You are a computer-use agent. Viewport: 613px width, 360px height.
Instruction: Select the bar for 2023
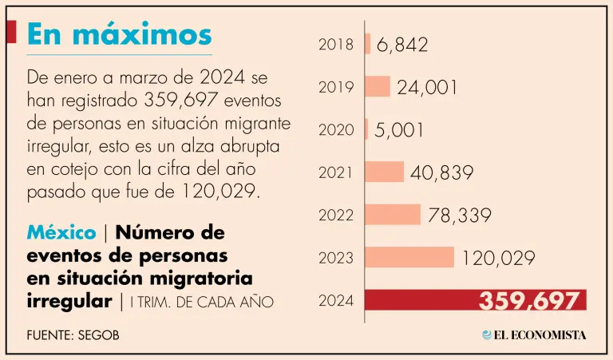pyautogui.click(x=409, y=257)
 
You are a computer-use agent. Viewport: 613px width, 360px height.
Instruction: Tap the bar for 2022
pyautogui.click(x=393, y=215)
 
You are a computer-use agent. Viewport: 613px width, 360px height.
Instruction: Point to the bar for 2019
pyautogui.click(x=378, y=86)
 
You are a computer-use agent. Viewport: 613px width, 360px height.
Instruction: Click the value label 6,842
pyautogui.click(x=401, y=45)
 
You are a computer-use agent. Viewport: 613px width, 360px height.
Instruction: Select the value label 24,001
pyautogui.click(x=428, y=87)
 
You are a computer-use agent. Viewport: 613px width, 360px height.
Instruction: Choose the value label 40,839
pyautogui.click(x=442, y=172)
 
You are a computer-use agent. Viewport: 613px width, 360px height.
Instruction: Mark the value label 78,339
pyautogui.click(x=458, y=216)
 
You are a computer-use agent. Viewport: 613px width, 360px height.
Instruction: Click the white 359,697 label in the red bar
pyautogui.click(x=528, y=301)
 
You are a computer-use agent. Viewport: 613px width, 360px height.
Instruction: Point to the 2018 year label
pyautogui.click(x=336, y=45)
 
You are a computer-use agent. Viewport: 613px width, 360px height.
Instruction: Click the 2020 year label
pyautogui.click(x=336, y=129)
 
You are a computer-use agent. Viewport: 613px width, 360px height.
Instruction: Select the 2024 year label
pyautogui.click(x=336, y=301)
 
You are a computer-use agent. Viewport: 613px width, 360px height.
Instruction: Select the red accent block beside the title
pyautogui.click(x=11, y=32)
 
